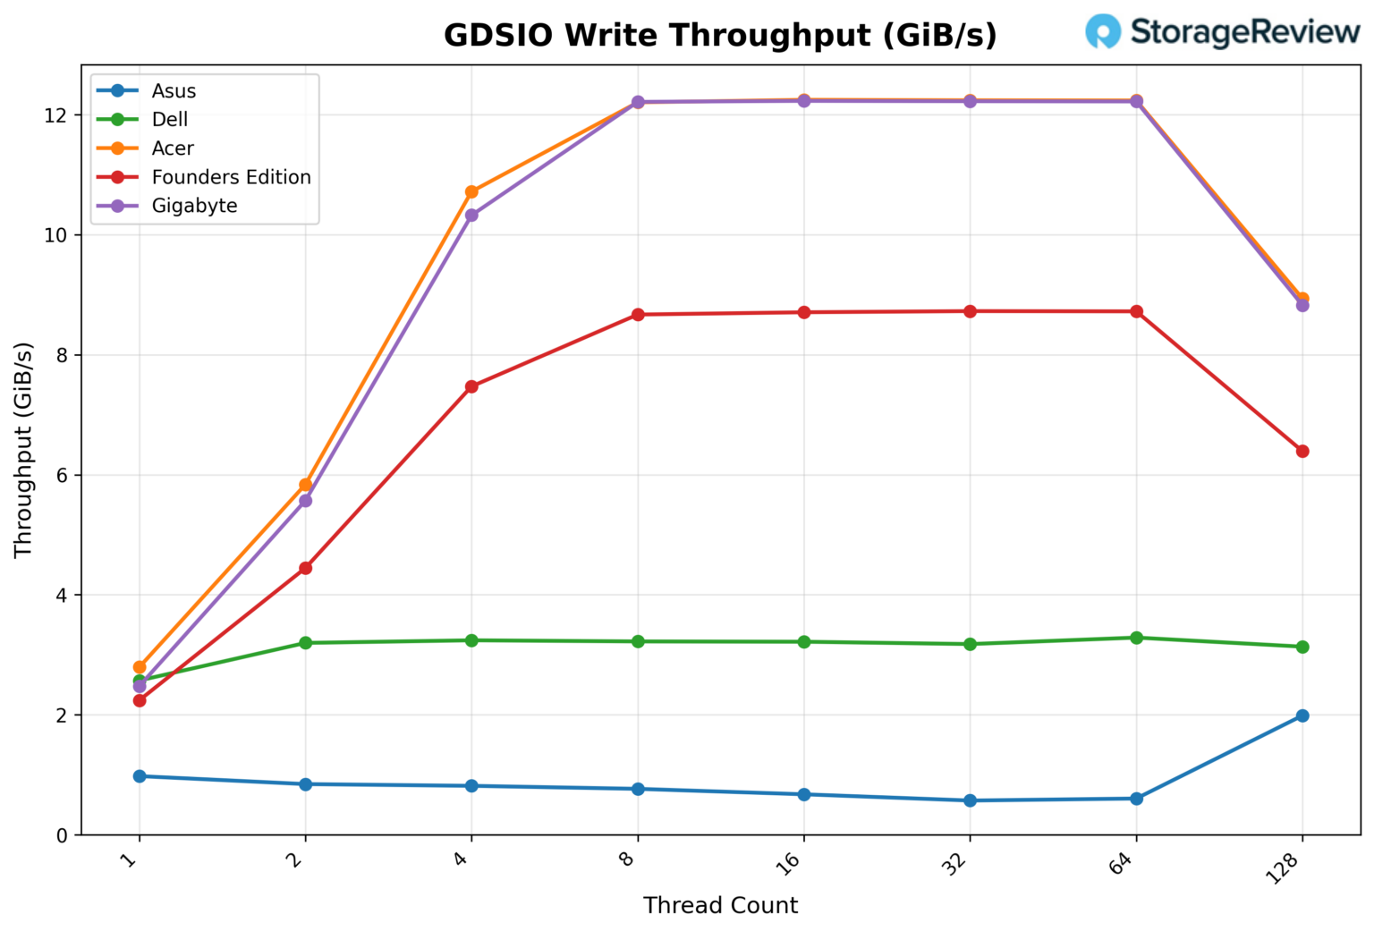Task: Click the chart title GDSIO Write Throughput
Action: click(x=720, y=36)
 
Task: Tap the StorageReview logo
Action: click(x=1222, y=31)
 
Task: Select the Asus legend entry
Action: click(x=174, y=91)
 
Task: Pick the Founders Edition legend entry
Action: click(x=231, y=177)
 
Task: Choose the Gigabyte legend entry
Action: click(x=194, y=206)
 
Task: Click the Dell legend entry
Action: click(x=170, y=120)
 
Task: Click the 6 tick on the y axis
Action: click(x=62, y=476)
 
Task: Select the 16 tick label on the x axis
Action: click(x=790, y=863)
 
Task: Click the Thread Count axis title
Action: click(x=720, y=905)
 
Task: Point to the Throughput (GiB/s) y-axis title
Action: click(x=23, y=450)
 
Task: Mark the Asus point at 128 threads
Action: click(x=1302, y=715)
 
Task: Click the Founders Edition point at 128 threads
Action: click(x=1302, y=451)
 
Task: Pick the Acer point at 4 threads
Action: click(x=471, y=191)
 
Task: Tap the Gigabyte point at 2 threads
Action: click(x=305, y=500)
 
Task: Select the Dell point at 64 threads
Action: click(x=1136, y=638)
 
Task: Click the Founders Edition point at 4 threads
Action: click(x=471, y=386)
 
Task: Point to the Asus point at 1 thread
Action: click(x=140, y=776)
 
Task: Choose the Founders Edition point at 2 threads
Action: click(x=305, y=568)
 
